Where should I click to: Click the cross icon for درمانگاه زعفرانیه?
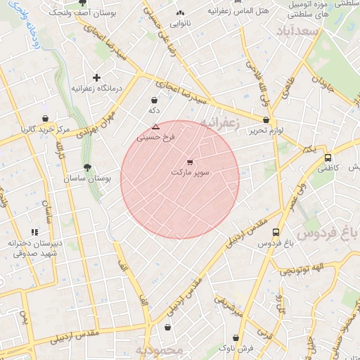coord(96,77)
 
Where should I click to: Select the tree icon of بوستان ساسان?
coord(87,167)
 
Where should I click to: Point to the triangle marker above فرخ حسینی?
coord(155,127)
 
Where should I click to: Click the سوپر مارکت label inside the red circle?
coord(190,172)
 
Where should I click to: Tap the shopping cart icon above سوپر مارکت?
coord(190,162)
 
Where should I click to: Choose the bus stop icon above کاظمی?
coord(328,158)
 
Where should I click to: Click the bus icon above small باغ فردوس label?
coord(276,232)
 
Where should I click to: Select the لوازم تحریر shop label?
coord(266,131)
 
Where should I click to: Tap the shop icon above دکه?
coord(154,101)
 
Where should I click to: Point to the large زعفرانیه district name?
coord(219,124)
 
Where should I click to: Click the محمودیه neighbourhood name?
coord(160,349)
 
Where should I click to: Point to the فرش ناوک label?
coord(233,348)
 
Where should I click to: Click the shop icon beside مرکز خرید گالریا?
coord(46,118)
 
